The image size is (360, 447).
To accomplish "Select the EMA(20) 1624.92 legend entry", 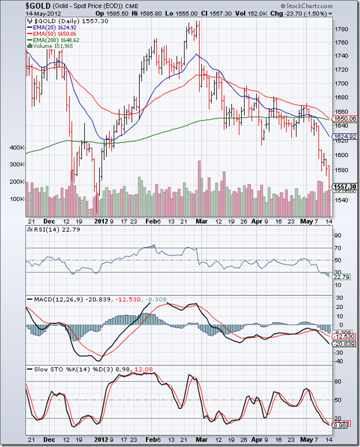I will (52, 27).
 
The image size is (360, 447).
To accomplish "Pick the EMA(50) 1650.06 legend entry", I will (52, 34).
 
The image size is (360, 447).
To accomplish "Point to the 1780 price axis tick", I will (341, 29).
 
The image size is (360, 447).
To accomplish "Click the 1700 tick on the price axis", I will (341, 84).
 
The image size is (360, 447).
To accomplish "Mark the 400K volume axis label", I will (17, 148).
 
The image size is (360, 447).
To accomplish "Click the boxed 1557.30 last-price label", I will (345, 187).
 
